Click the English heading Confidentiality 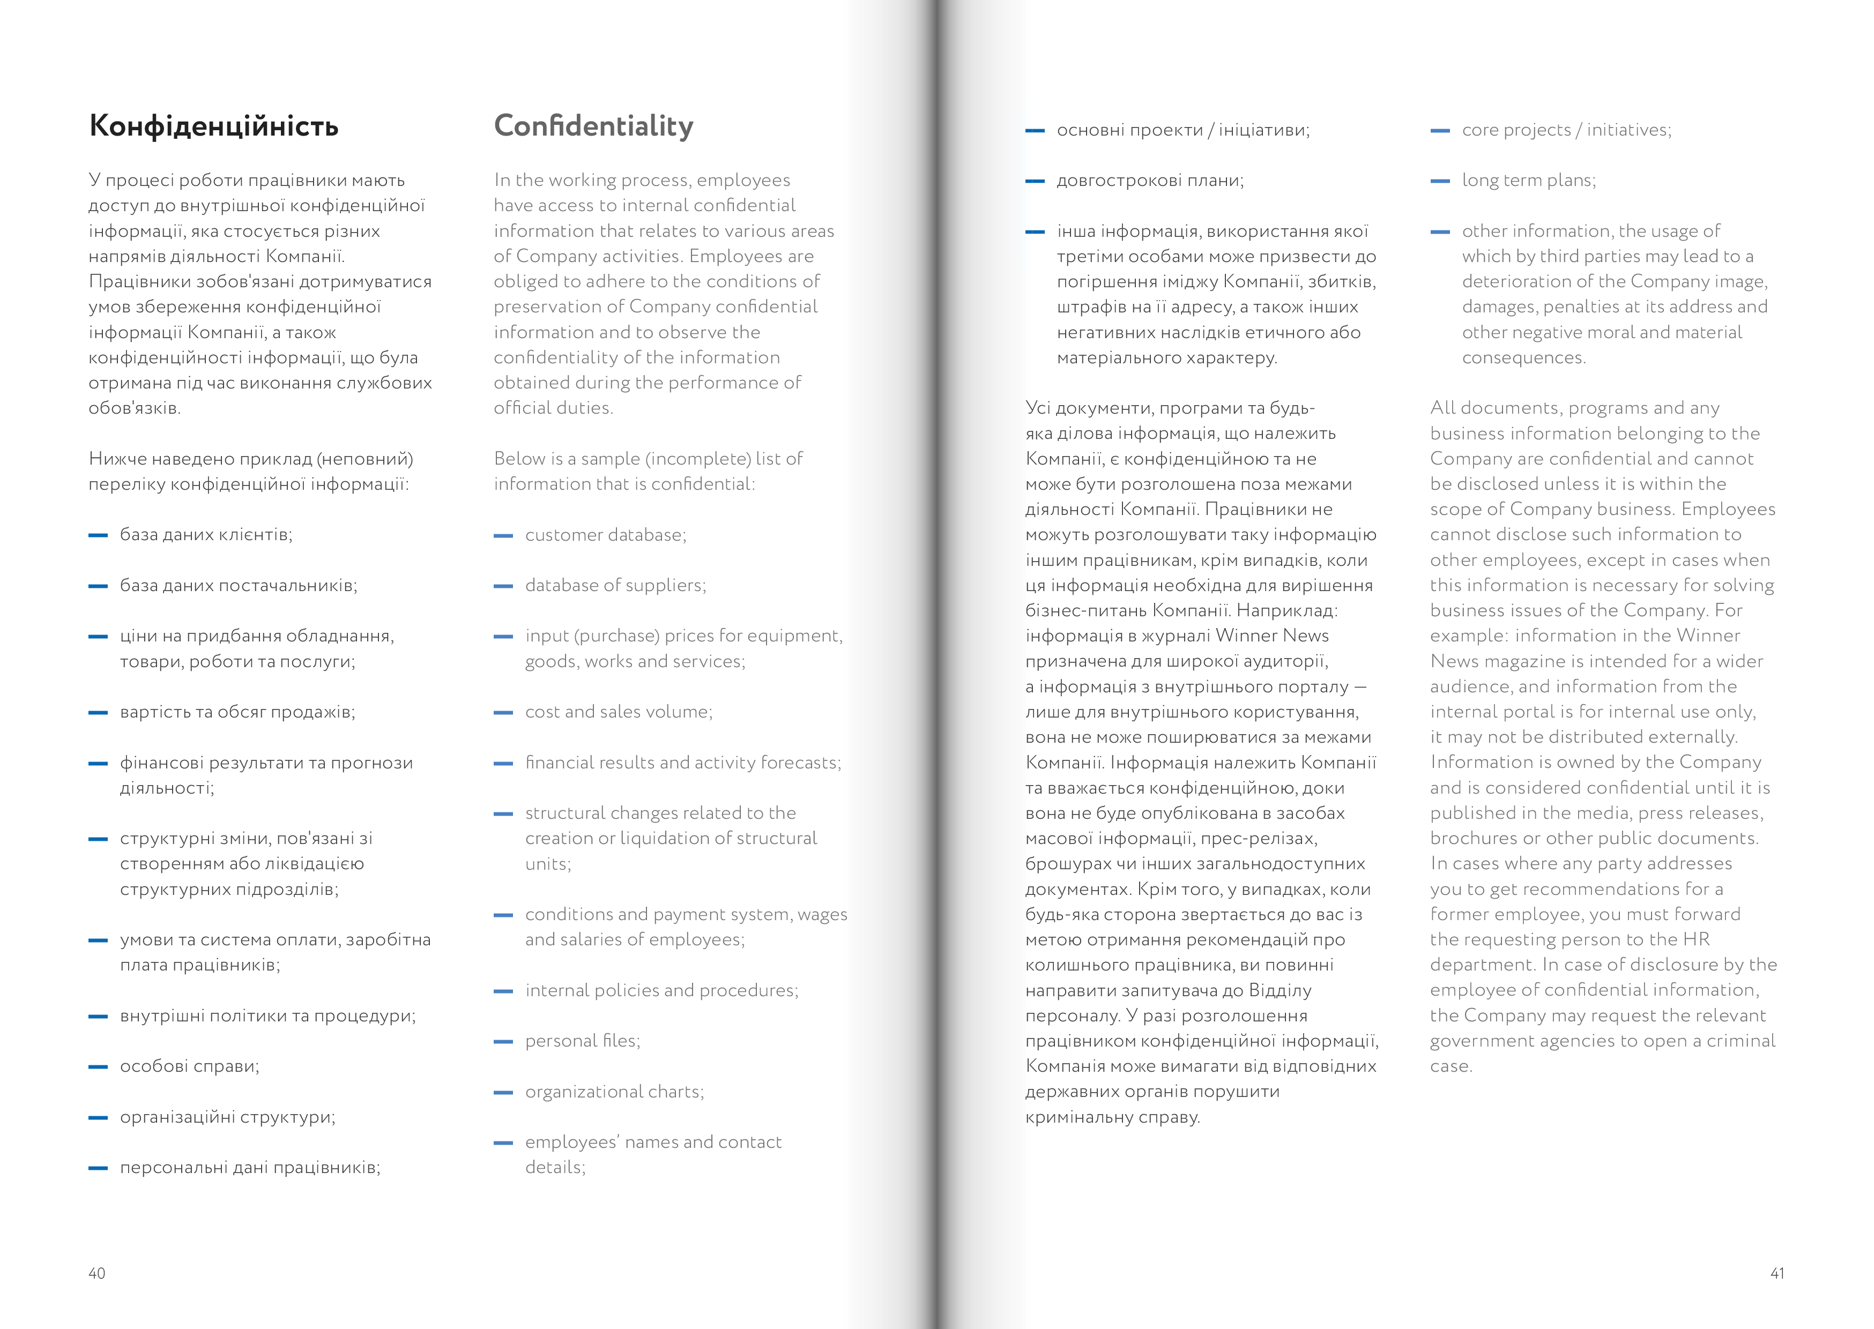(x=593, y=126)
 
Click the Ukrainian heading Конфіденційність (x=213, y=126)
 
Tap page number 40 (x=96, y=1273)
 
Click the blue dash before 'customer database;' (x=503, y=536)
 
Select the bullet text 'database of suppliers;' (x=615, y=585)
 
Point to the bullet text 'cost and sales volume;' (x=619, y=712)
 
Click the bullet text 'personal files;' (x=583, y=1041)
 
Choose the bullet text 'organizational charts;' (x=615, y=1092)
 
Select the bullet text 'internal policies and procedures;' (x=661, y=990)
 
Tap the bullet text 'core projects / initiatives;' (x=1566, y=130)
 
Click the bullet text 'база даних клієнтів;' (x=206, y=535)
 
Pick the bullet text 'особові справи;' (x=189, y=1066)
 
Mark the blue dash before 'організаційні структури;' (x=98, y=1118)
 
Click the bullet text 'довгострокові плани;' (x=1150, y=181)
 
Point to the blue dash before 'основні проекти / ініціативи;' (x=1035, y=131)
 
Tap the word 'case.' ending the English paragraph (x=1451, y=1066)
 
